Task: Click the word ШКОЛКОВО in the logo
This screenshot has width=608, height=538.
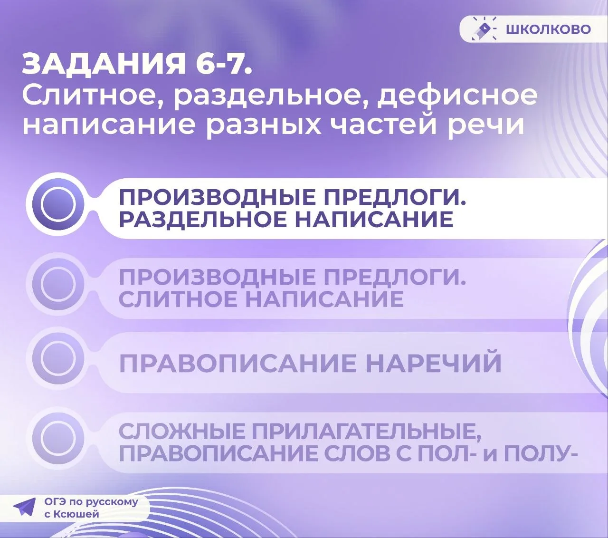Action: [548, 29]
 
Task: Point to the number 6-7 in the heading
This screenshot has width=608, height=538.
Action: [223, 64]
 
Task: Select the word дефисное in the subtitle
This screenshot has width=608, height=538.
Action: [457, 96]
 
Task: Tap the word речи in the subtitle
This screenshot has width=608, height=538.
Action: [486, 125]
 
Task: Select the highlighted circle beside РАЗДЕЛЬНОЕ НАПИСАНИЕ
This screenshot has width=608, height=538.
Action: [58, 204]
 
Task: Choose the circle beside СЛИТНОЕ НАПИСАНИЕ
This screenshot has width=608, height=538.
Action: [58, 284]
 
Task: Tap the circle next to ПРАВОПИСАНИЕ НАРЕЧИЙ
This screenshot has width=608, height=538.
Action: [58, 358]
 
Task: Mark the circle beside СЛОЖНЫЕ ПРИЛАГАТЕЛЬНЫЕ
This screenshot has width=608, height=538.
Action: [58, 438]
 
